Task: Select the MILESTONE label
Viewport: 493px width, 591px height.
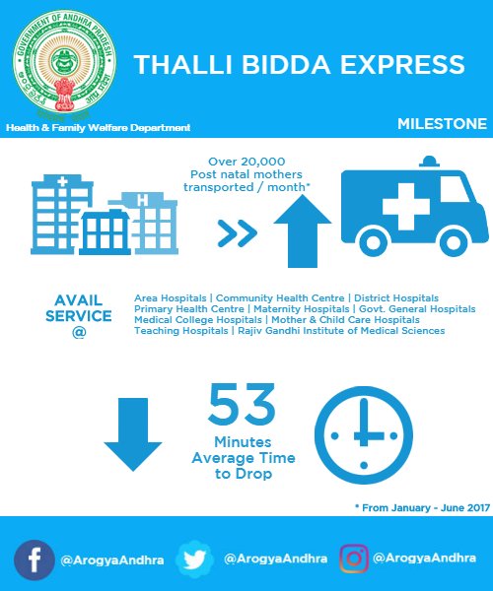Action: [x=442, y=124]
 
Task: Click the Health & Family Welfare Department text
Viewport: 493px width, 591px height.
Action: [x=99, y=129]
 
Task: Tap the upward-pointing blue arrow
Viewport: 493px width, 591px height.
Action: [x=303, y=230]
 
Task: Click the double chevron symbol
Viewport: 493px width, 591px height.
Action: [x=238, y=233]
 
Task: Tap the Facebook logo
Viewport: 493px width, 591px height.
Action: [x=35, y=558]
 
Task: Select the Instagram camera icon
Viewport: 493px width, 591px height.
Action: [x=353, y=558]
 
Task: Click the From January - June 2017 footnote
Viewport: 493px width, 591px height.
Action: [x=423, y=506]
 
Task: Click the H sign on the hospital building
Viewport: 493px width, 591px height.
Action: [x=143, y=200]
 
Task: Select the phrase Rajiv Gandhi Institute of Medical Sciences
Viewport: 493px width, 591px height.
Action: [x=340, y=331]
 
